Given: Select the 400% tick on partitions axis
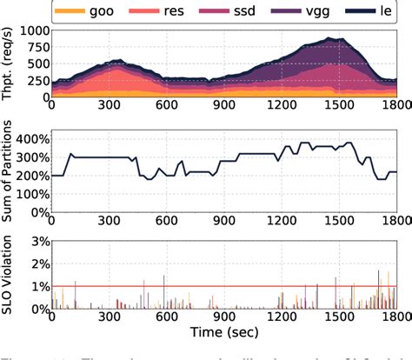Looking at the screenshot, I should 29,138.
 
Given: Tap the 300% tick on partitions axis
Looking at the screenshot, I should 29,157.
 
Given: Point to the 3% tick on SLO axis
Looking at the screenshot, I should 36,241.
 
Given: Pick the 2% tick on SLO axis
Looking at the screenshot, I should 36,263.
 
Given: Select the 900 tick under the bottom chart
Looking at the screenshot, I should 224,320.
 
